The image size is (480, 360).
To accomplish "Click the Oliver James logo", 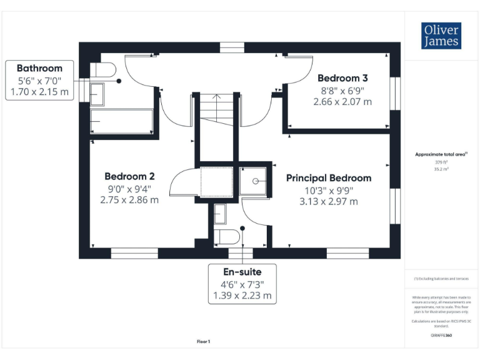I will (x=441, y=36).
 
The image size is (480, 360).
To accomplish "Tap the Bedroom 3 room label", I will (x=342, y=78).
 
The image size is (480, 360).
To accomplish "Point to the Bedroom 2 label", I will (x=129, y=176).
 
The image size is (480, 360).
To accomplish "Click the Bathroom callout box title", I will (x=39, y=68).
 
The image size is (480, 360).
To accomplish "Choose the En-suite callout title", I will (x=242, y=272).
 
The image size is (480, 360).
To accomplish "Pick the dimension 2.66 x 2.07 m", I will (x=342, y=101).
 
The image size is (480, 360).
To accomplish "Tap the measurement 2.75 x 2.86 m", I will (x=129, y=199).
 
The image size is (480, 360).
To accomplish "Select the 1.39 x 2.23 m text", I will (x=242, y=296).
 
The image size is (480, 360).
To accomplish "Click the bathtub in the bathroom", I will (x=122, y=121).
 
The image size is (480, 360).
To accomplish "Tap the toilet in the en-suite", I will (x=226, y=237).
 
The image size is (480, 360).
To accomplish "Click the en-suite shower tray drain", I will (x=256, y=181).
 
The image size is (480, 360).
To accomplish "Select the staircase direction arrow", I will (x=216, y=97).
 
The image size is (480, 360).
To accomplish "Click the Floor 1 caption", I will (x=204, y=342).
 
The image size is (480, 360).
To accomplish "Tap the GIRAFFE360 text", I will (x=441, y=336).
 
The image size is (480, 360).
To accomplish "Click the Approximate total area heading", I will (x=441, y=154).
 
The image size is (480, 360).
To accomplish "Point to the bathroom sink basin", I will (x=97, y=94).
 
